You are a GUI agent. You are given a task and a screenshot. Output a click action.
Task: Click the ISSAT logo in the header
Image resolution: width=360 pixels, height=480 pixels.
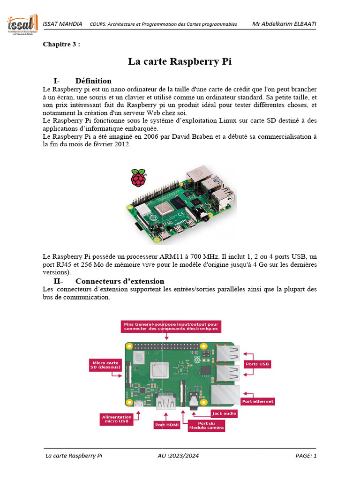22,24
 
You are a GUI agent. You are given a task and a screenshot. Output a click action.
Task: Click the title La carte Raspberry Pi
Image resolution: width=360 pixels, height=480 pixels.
180,61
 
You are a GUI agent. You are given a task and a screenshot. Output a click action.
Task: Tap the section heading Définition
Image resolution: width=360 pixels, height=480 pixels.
93,81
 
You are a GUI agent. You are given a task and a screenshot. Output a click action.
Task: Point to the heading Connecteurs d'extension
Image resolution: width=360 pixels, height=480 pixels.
120,281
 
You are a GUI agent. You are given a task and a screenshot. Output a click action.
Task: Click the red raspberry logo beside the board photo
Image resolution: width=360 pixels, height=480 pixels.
138,179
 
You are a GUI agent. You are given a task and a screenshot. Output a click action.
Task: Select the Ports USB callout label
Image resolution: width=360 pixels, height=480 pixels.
257,364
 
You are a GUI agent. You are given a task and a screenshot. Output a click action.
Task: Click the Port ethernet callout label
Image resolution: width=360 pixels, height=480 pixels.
257,401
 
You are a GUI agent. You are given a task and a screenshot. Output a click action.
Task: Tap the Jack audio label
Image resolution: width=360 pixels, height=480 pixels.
224,413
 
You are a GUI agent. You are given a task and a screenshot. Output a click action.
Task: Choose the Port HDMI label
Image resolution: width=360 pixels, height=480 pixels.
166,425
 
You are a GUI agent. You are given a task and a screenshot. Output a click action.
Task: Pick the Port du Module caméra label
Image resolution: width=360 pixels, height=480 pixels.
206,426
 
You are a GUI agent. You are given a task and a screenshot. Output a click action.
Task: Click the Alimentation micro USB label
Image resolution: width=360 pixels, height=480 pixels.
117,419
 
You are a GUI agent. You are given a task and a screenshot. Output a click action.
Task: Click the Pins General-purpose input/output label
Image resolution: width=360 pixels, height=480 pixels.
171,326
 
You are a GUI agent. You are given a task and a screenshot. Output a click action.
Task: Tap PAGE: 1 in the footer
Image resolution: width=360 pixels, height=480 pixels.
306,456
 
